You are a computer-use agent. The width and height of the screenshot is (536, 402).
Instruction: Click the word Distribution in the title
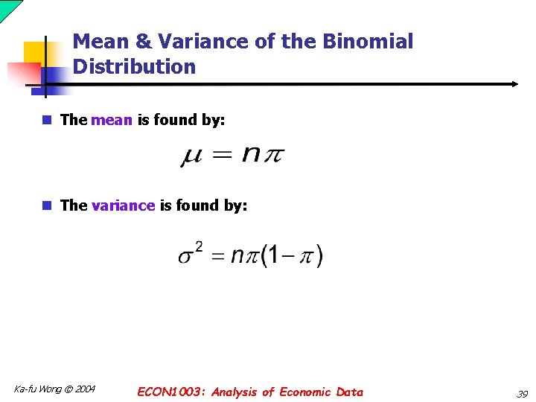[x=134, y=67]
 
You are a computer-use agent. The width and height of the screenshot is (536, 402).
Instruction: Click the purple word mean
[x=112, y=120]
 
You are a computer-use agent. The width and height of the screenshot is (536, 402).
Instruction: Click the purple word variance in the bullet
[x=123, y=205]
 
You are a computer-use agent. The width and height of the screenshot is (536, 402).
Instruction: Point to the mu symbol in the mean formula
[x=191, y=157]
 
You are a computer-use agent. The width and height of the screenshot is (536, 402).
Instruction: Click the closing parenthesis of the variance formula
[x=319, y=257]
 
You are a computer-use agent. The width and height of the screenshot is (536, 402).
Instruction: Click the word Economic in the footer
[x=305, y=392]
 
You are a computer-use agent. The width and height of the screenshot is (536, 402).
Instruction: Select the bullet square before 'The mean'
[x=47, y=120]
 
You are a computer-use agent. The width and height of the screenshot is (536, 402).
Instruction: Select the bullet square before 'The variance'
[x=47, y=205]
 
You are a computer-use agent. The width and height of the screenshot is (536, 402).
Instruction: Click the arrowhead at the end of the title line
[x=514, y=84]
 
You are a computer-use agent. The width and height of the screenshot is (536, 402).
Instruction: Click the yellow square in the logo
[x=36, y=54]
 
